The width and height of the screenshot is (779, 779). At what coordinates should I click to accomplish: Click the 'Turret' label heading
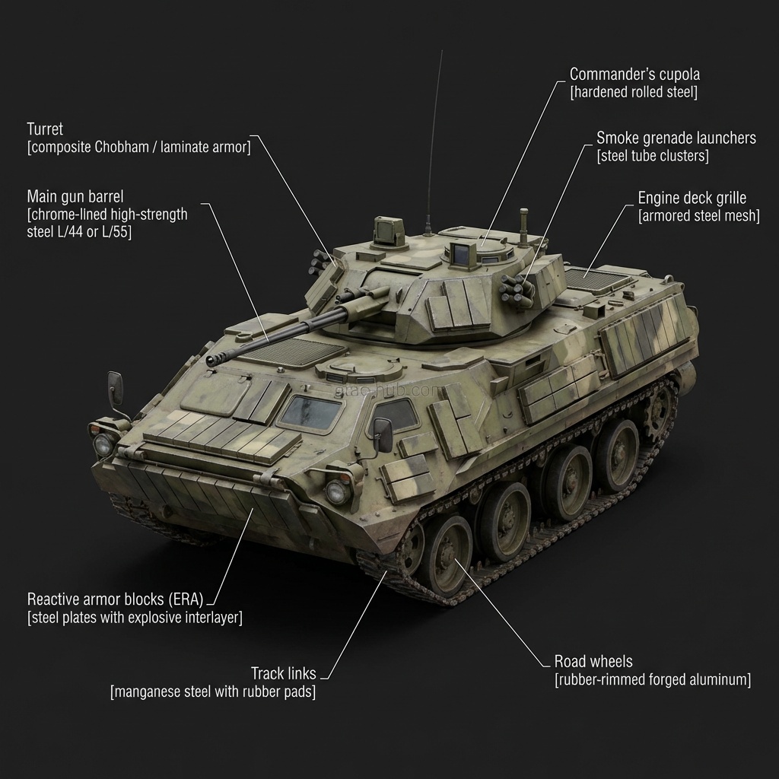click(x=45, y=129)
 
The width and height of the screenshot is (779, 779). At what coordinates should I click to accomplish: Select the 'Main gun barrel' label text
click(x=75, y=196)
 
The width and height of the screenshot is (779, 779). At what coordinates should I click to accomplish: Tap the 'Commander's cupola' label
click(x=634, y=75)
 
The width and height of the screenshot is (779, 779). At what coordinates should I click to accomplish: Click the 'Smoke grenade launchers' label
click(x=676, y=138)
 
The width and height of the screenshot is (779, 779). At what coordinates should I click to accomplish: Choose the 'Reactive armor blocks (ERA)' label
click(x=115, y=598)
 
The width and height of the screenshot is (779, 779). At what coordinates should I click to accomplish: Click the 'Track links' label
click(x=284, y=673)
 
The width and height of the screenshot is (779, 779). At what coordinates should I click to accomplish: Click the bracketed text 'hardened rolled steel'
click(x=634, y=93)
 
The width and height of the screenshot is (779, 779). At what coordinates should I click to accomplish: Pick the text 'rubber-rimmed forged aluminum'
click(x=652, y=679)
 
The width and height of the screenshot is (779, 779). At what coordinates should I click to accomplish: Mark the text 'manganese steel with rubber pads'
click(x=213, y=692)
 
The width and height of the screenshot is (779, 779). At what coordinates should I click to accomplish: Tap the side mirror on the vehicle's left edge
click(x=115, y=389)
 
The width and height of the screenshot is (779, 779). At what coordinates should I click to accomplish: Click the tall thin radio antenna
click(x=434, y=137)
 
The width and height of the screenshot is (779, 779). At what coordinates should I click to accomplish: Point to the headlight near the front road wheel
click(x=339, y=491)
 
